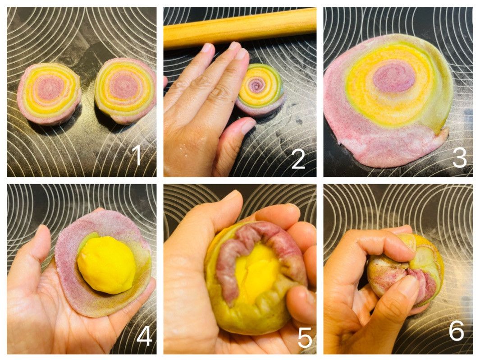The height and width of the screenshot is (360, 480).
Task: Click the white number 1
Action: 137,155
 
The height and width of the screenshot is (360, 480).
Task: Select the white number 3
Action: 459,158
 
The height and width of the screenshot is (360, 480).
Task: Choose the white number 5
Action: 305,337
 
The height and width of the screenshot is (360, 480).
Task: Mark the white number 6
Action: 457,331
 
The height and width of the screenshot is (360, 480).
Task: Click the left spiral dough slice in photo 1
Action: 49,93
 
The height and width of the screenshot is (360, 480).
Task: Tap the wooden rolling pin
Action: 240,28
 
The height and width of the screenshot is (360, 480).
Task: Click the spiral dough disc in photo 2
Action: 260,90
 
